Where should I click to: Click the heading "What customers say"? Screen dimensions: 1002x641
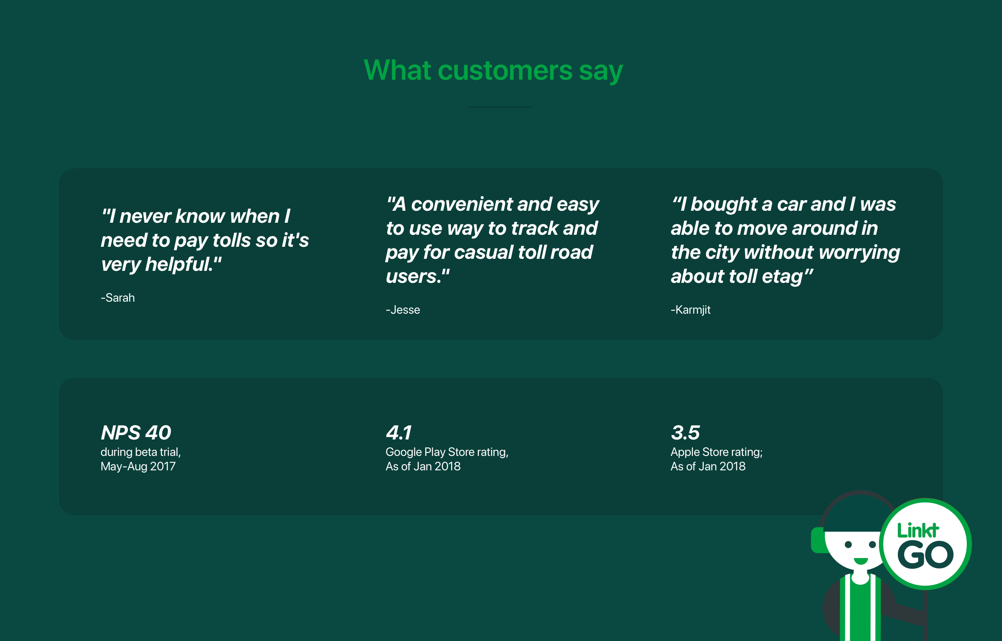(x=493, y=71)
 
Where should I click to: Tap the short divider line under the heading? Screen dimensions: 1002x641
(x=501, y=107)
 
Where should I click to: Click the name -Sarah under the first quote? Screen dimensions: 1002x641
(x=118, y=298)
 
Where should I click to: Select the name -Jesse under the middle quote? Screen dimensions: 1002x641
(x=402, y=310)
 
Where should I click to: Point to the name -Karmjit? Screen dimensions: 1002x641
(x=691, y=310)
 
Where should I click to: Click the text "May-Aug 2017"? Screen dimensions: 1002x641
(x=138, y=467)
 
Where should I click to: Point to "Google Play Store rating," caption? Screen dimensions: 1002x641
(x=447, y=452)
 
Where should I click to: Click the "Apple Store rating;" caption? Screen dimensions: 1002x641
(x=716, y=452)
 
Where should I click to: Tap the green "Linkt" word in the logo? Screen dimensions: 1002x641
(x=918, y=530)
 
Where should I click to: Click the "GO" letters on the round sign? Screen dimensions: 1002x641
(x=925, y=555)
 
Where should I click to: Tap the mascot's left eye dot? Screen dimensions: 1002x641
(x=848, y=544)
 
